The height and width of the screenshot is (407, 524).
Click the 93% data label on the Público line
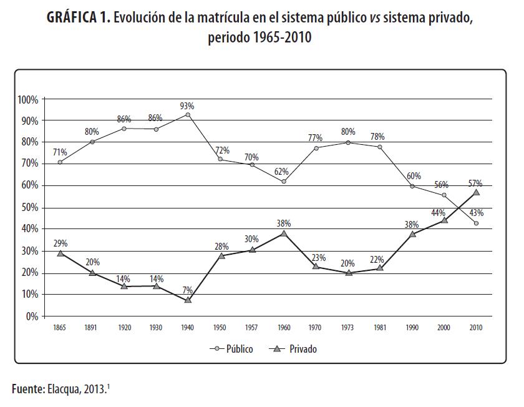click(188, 105)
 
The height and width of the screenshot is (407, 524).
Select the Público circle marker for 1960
click(284, 182)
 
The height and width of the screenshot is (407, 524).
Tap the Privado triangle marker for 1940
click(188, 300)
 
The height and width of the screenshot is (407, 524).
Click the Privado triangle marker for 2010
click(476, 192)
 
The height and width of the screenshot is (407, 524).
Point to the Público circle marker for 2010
click(476, 223)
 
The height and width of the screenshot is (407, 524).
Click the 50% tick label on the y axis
click(30, 208)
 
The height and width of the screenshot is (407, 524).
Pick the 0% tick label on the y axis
click(32, 316)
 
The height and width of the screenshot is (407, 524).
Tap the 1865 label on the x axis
click(60, 327)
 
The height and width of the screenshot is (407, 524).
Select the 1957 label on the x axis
click(252, 327)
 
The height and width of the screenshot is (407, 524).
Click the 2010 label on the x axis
click(476, 327)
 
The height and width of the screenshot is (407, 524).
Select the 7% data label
click(188, 289)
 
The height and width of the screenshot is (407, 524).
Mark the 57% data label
click(475, 183)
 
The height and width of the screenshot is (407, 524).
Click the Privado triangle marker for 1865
click(60, 253)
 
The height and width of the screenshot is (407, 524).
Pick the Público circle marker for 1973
click(348, 142)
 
